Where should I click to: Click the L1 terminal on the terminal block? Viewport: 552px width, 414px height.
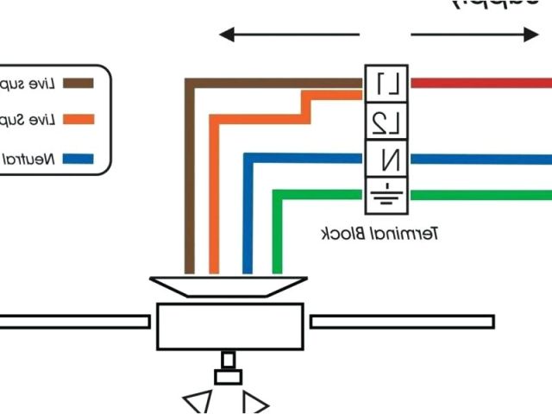point(386,84)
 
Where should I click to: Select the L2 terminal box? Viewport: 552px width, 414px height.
point(386,122)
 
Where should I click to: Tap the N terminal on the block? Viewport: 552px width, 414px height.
point(386,159)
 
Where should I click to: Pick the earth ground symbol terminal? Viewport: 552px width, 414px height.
point(386,195)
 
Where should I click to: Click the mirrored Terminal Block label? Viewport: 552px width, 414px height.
point(380,234)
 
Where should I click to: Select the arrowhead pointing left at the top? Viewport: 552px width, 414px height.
point(226,35)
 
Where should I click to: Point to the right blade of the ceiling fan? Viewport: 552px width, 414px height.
point(401,322)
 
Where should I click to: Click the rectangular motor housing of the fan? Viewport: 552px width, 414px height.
point(229,325)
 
